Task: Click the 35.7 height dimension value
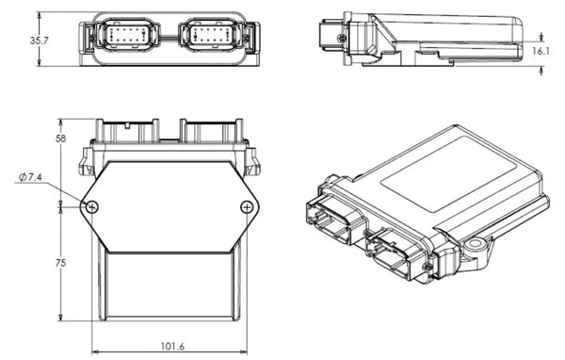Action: coord(38,41)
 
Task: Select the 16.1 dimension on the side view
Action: coord(541,52)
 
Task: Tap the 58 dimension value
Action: coord(61,139)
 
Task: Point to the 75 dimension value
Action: coord(61,265)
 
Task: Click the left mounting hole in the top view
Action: coord(92,207)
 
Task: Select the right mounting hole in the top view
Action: coord(247,207)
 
